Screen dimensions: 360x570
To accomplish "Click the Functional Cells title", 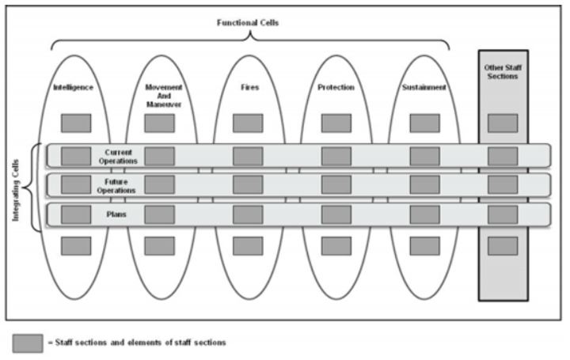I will pos(248,22).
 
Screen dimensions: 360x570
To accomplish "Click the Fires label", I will pos(248,87).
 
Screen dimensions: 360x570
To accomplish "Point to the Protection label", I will pos(336,87).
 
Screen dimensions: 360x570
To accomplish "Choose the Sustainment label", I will pos(424,87).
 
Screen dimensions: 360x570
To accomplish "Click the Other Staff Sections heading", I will pos(503,72).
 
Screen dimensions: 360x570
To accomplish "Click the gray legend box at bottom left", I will pos(27,343).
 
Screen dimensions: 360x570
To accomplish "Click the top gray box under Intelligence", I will pos(76,123).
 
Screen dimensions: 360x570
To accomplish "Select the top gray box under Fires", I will pos(248,123).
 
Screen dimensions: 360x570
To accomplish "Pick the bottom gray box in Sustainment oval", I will pos(424,245).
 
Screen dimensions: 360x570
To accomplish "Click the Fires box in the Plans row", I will pos(248,214).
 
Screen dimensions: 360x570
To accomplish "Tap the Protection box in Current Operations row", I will pos(336,155).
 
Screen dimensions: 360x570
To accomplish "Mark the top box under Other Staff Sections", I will pos(503,123).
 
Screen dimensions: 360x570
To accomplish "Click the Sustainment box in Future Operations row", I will pos(424,184).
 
